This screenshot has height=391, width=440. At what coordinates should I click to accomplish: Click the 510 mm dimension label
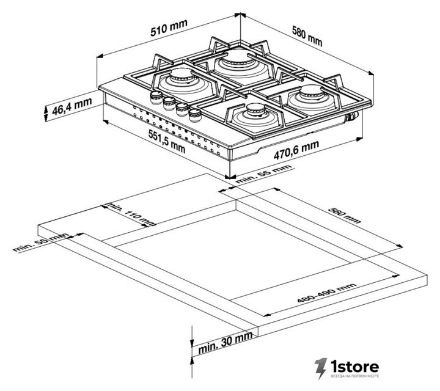pos(169,27)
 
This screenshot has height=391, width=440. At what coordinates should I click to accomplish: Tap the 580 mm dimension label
pos(307,36)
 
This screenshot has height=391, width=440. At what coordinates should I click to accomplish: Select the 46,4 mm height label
pos(72,106)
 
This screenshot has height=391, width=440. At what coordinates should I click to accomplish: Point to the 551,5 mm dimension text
pos(167,141)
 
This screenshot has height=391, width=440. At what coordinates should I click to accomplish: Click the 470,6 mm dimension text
pos(296,150)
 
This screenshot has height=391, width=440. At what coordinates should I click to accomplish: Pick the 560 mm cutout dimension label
pos(344,216)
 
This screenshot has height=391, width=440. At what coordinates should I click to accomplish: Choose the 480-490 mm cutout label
pos(327,293)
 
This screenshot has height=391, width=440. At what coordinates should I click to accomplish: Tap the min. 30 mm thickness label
pos(226,343)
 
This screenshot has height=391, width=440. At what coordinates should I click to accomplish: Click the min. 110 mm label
pos(131,214)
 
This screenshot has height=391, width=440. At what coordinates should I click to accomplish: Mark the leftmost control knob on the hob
pos(156,97)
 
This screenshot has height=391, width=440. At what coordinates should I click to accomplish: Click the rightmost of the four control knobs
pos(195,115)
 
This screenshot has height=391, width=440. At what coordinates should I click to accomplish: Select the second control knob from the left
pos(169,103)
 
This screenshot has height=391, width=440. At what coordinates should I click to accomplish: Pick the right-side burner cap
pos(312,92)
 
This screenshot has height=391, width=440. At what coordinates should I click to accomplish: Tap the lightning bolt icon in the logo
pos(321,368)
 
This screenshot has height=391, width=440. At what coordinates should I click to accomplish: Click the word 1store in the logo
pos(354,366)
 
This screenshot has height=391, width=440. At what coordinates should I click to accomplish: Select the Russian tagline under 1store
pos(355,376)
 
